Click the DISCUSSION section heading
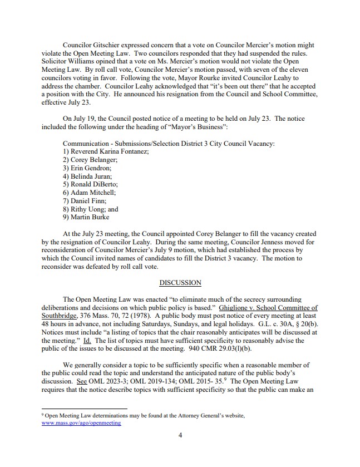[x=180, y=283]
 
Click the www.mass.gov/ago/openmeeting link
[x=81, y=423]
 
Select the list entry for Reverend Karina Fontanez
[x=106, y=152]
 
